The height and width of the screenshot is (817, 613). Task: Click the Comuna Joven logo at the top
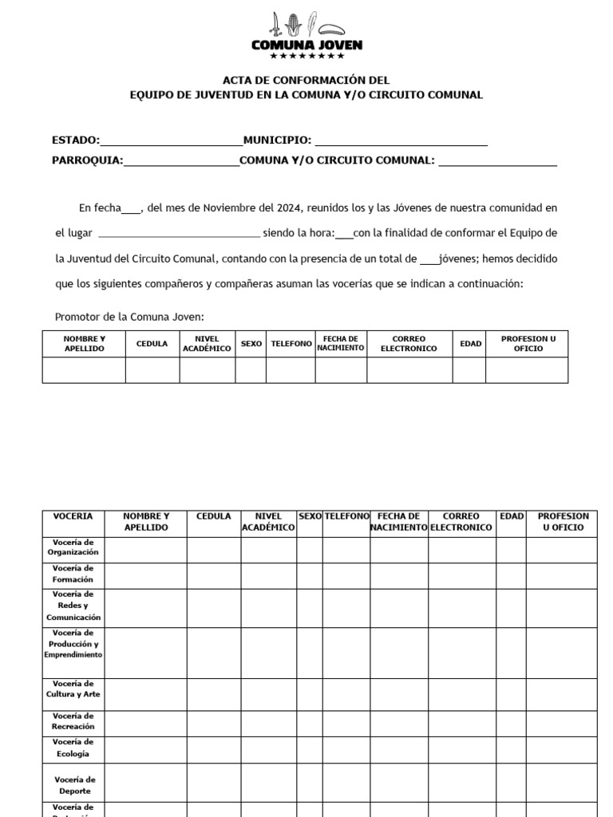point(306,36)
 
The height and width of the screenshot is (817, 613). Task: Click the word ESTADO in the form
point(75,140)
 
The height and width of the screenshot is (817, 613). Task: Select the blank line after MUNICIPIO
point(401,142)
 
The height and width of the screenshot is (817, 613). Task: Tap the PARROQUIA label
point(87,160)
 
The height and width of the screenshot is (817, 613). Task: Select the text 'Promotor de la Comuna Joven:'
point(130,317)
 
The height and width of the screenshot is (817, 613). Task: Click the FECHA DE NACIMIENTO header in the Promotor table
point(341,344)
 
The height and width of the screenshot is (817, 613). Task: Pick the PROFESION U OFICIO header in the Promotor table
point(527,344)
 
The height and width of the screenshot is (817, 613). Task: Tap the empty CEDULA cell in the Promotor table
point(152,370)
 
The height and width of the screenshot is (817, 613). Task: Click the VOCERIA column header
point(73,516)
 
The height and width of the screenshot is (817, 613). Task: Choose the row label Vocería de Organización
point(73,547)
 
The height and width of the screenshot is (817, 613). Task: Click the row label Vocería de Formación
point(73,574)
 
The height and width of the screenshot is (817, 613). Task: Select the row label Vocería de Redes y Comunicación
point(73,606)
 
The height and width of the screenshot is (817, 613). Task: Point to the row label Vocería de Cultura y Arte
point(73,689)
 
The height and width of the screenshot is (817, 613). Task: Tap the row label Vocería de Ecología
point(73,748)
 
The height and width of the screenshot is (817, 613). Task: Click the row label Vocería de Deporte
point(73,785)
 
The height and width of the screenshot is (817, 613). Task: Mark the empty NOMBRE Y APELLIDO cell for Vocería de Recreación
point(146,721)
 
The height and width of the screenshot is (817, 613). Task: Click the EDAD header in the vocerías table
point(511,516)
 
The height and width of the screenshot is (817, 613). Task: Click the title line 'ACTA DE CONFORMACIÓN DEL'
point(306,80)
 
